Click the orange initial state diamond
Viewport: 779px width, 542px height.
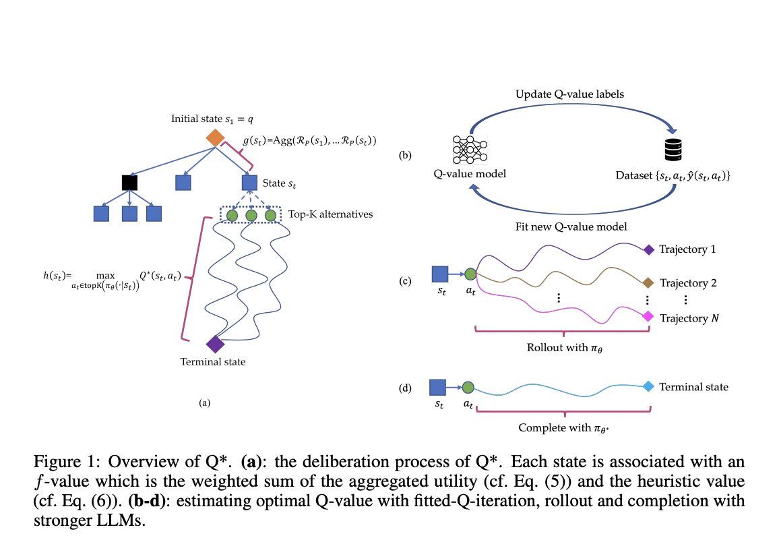coord(215,138)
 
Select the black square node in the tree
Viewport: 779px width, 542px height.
coord(130,182)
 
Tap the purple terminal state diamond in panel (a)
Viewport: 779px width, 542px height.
coord(215,344)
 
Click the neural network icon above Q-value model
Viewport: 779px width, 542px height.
coord(470,148)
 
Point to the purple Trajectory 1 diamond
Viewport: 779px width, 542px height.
coord(648,250)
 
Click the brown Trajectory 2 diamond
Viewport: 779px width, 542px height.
coord(648,282)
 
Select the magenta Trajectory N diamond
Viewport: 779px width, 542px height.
coord(648,316)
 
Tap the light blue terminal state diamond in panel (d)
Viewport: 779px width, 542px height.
coord(648,386)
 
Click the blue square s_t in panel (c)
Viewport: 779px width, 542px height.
coord(439,274)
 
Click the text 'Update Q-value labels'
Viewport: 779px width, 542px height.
coord(569,94)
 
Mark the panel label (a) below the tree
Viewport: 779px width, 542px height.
coord(205,402)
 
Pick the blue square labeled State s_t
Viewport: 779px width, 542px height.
coord(250,182)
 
